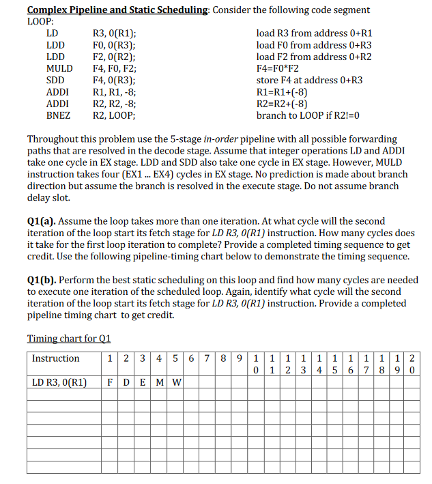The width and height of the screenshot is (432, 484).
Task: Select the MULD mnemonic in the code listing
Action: coord(59,68)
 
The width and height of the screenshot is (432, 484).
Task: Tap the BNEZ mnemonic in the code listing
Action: coord(58,115)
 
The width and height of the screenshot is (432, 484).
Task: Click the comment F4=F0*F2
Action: coord(278,68)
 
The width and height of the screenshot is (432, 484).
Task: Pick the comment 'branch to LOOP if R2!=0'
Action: coord(308,115)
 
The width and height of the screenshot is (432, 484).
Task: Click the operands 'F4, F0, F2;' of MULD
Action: coord(114,68)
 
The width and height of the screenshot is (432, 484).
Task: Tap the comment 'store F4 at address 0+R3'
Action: coord(309,80)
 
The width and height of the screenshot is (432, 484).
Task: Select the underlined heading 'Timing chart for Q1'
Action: coord(68,339)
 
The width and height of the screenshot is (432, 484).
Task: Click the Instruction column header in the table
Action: coord(56,358)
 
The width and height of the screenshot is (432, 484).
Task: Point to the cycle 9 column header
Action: coord(240,358)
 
